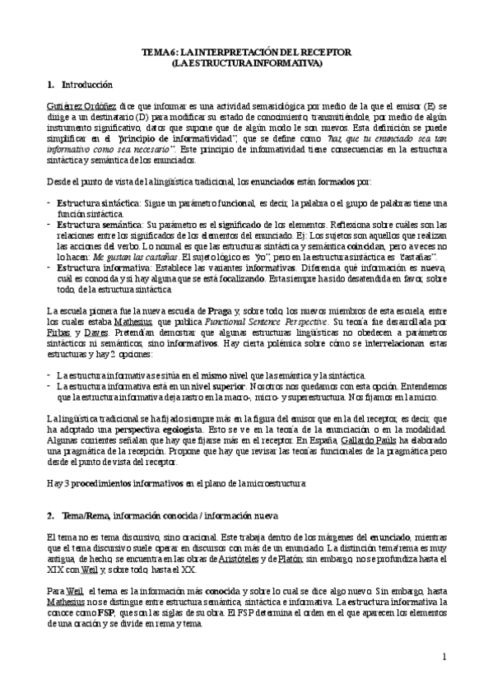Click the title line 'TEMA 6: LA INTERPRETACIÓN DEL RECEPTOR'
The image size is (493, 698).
(246, 51)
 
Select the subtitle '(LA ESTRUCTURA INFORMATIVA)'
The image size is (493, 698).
(246, 63)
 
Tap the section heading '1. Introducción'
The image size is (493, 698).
(80, 85)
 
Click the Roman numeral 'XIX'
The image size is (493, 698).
(54, 570)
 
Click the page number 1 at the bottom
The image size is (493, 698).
(444, 658)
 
